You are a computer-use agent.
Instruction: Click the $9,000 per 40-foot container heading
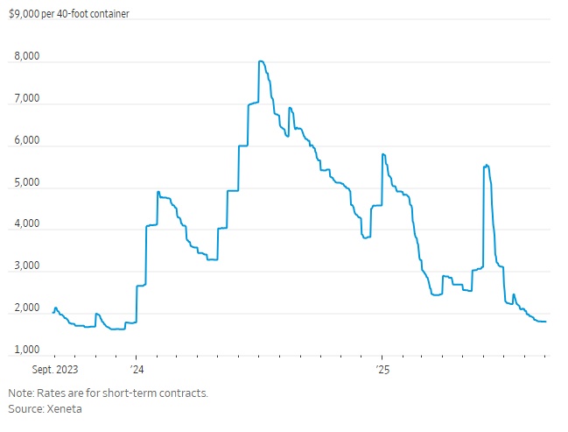click(x=69, y=14)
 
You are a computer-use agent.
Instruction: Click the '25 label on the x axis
click(x=382, y=370)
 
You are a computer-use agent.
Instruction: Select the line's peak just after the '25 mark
click(x=383, y=154)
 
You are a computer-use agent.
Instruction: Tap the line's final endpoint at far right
click(x=546, y=322)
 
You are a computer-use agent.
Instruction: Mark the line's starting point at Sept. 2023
click(x=53, y=313)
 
